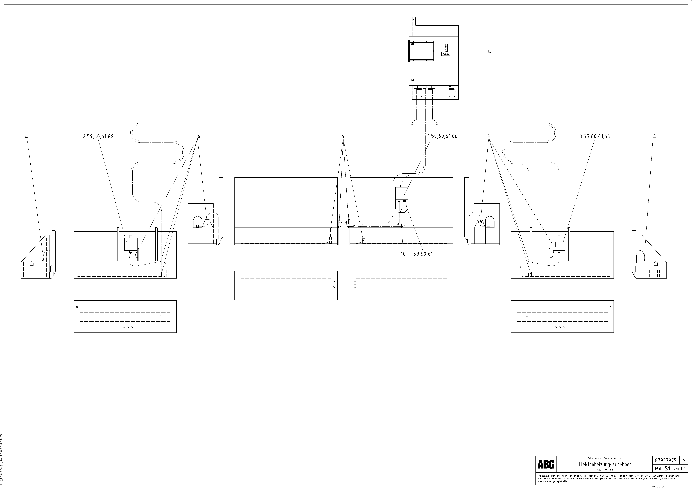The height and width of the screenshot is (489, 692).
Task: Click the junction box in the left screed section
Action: click(x=131, y=244)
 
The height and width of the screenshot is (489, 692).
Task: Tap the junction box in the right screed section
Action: click(x=558, y=244)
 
